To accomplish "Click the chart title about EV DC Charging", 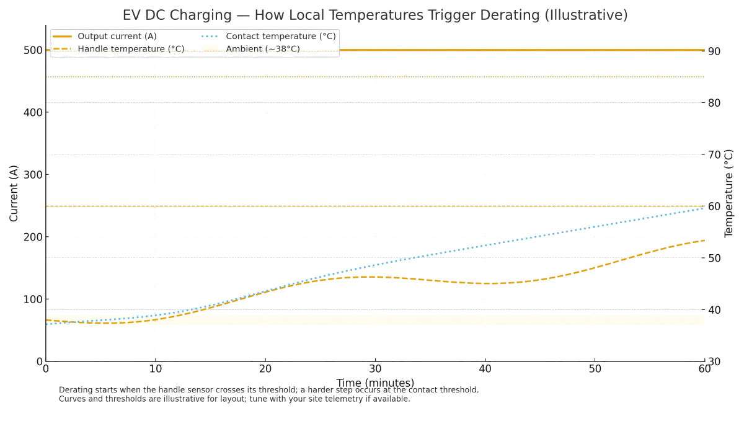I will pos(375,15).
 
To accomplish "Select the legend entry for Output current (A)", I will pos(117,37).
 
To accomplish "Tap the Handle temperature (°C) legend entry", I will pos(131,49).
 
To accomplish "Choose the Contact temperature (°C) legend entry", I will pos(281,37).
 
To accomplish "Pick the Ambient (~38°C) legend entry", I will pos(263,49).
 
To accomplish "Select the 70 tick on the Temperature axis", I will pos(714,154).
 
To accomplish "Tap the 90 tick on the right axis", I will pos(714,51).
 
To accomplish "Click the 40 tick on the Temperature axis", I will pos(714,310).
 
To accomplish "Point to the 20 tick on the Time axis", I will pos(265,369).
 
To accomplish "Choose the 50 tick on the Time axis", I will pos(595,369).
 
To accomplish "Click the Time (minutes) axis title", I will pos(375,383).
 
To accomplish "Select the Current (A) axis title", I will pos(14,193).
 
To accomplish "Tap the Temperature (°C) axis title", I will pos(729,193).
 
